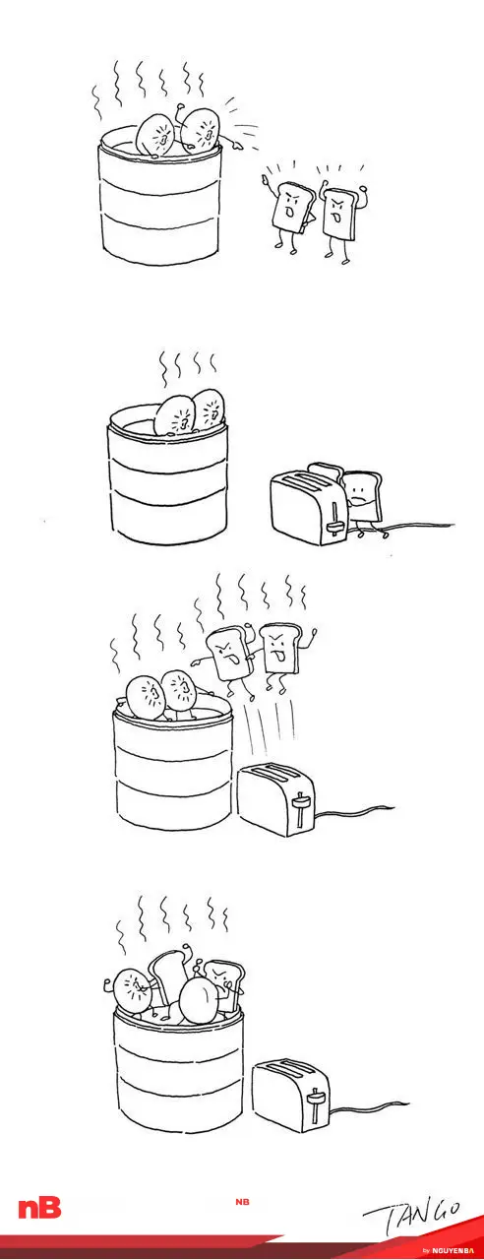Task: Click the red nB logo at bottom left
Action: point(39,1208)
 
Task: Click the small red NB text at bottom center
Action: point(242,1202)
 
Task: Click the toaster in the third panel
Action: point(275,798)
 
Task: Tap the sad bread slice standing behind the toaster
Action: point(364,503)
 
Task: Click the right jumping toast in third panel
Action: point(281,653)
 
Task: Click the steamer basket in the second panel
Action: point(168,475)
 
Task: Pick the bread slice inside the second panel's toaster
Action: point(326,472)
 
